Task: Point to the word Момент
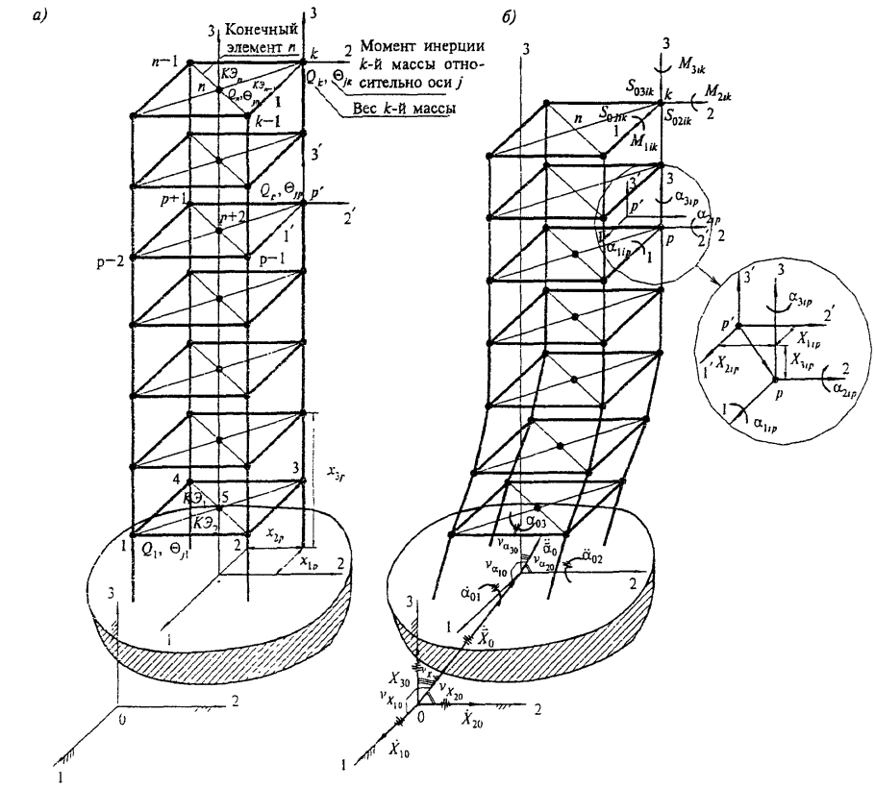[x=390, y=47]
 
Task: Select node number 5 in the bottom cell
[x=224, y=497]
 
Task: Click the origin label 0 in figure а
[x=119, y=717]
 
